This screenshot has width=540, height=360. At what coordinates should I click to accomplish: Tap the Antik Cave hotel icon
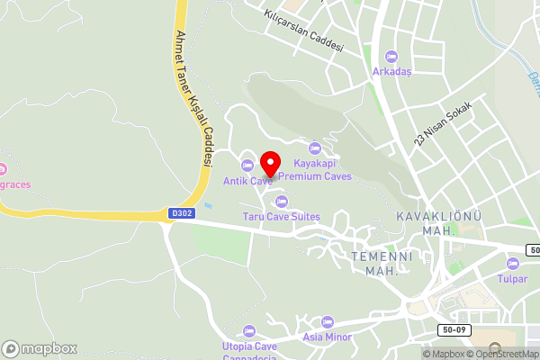point(247,165)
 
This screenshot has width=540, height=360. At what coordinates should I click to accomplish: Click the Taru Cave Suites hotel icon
point(281,201)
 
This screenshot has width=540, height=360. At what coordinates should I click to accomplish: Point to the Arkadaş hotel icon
point(391,56)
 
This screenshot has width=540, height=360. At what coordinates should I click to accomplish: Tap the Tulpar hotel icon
point(512,264)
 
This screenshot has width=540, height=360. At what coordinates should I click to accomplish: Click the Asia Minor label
point(326,337)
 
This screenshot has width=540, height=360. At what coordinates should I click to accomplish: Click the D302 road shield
point(181,214)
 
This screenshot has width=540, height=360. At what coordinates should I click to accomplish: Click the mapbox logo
point(40,347)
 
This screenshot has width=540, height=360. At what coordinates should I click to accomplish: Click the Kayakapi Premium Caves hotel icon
point(314,148)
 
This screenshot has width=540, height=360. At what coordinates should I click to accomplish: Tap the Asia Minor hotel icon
point(327,321)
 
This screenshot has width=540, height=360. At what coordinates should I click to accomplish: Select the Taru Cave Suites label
point(281,217)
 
